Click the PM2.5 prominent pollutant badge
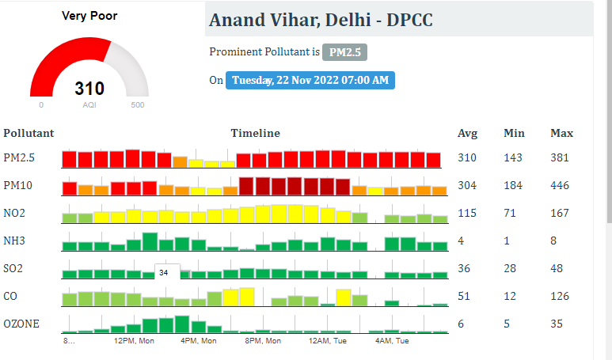coord(344,52)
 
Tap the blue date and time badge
coord(310,80)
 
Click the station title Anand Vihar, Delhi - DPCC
coord(321,20)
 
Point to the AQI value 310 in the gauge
coord(89,89)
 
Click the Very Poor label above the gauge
coord(89,16)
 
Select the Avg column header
coord(467,133)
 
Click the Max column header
coord(561,133)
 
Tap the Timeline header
coord(255,133)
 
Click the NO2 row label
coord(14,213)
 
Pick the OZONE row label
coord(21,324)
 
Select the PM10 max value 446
coord(560,185)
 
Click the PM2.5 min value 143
coord(512,157)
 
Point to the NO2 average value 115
coord(466,213)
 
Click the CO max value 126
coord(560,296)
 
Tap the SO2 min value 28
coord(510,268)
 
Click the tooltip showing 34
coord(164,272)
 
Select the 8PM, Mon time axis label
coord(263,341)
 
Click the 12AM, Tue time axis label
coord(328,341)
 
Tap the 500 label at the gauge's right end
coord(138,105)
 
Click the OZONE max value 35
coord(557,324)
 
